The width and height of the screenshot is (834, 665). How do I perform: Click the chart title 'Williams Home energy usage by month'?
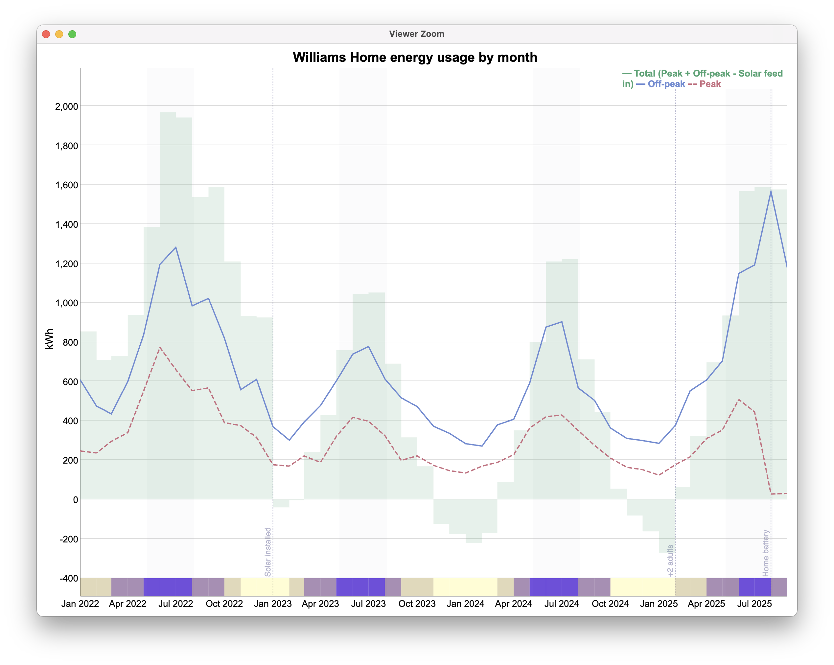click(415, 57)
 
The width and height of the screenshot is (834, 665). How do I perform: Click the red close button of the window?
click(46, 34)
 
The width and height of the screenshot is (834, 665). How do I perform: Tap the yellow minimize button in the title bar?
click(59, 34)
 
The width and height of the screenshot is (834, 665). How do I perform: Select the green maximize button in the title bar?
click(72, 34)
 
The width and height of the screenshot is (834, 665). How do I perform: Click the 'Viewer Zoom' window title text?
click(417, 34)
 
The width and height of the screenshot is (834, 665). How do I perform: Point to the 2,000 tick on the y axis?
click(66, 106)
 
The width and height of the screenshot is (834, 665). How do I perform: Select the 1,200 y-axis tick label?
click(66, 264)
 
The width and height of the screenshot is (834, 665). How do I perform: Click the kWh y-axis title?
click(49, 339)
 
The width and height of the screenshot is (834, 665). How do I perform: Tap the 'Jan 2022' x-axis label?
click(80, 604)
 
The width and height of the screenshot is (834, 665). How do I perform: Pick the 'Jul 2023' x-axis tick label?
click(368, 604)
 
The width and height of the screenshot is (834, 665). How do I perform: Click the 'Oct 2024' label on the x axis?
click(610, 604)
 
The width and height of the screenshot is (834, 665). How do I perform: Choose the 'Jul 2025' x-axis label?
click(754, 604)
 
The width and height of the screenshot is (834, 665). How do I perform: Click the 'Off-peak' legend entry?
click(666, 84)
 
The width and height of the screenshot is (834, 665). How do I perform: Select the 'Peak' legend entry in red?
click(710, 84)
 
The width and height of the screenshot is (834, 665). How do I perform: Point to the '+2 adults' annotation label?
click(670, 561)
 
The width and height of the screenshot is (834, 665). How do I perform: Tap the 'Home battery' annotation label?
click(766, 553)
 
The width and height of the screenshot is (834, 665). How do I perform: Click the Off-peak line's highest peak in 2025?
click(771, 191)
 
